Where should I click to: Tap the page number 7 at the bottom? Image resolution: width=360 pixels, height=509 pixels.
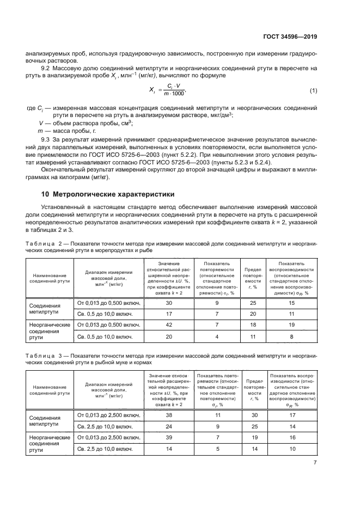tap(315, 462)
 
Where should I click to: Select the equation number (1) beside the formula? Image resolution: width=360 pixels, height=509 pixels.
tap(313, 89)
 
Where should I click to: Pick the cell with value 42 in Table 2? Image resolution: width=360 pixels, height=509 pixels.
tap(168, 324)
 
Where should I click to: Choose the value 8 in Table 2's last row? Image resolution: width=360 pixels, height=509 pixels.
tap(291, 336)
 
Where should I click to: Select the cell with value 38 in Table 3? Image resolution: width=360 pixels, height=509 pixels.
tap(168, 415)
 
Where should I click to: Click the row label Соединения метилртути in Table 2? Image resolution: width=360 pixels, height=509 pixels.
tap(49, 309)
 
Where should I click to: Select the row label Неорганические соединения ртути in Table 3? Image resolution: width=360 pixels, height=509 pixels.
tap(49, 443)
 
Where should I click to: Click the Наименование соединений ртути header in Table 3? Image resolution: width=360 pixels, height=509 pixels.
tap(49, 389)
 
